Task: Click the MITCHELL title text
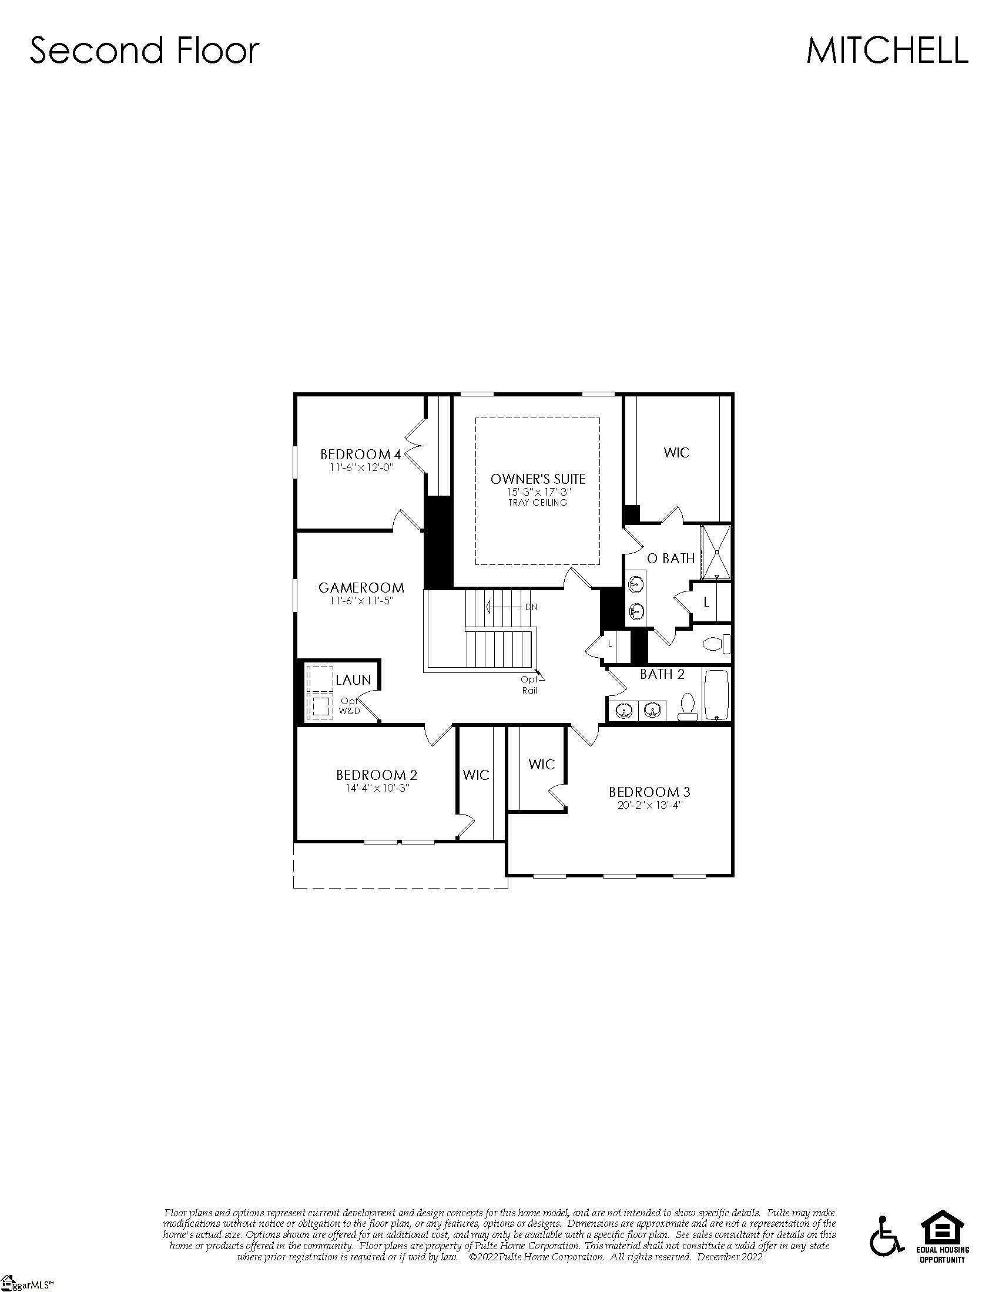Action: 886,51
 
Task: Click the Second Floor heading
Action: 145,51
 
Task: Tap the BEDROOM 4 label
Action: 360,455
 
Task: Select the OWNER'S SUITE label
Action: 537,479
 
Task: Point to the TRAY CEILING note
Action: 537,503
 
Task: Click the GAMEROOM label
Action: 361,587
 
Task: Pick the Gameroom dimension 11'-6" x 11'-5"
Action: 361,600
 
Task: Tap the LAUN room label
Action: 353,679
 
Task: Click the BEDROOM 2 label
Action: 377,775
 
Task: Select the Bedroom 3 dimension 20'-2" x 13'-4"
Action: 649,805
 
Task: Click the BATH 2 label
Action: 662,674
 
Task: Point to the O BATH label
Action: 671,558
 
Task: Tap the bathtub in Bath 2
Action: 717,694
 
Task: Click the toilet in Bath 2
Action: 687,706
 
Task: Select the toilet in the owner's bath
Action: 716,644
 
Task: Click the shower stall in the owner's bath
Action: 716,553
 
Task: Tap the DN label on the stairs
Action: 531,607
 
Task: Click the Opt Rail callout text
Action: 529,684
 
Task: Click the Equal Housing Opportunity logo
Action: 943,1235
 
